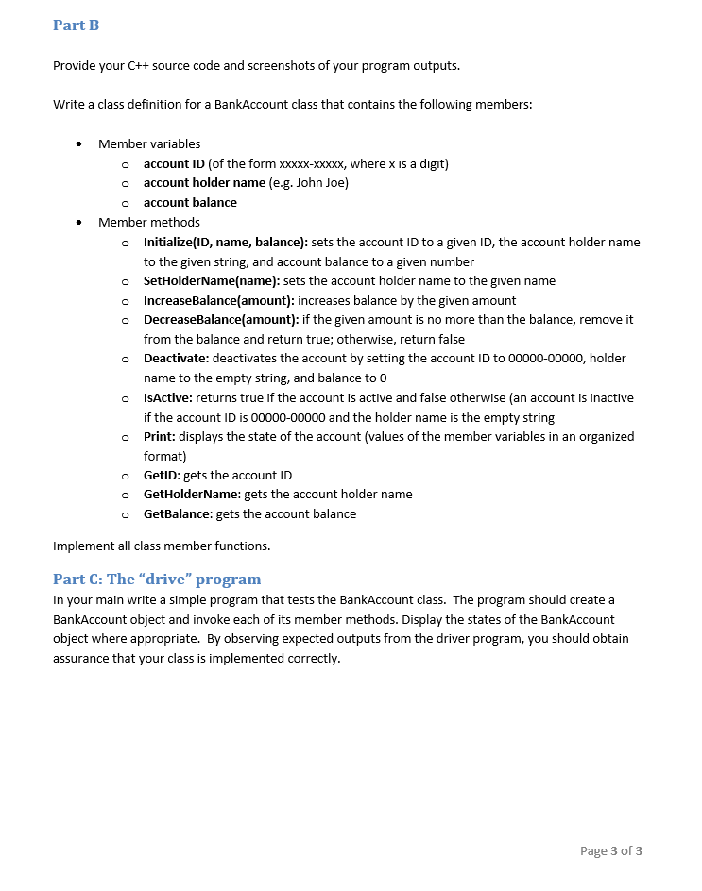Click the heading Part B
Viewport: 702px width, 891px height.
point(76,25)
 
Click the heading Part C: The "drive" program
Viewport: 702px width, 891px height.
point(157,579)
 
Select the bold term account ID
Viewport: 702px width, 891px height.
point(174,164)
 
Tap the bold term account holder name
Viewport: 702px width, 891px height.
point(204,183)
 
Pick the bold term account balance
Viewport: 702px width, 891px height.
point(190,203)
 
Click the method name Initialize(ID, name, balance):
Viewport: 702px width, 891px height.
point(225,243)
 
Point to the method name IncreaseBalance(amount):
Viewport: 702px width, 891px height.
point(218,300)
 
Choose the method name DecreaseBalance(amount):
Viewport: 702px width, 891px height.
point(220,320)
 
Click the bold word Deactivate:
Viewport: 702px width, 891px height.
point(177,359)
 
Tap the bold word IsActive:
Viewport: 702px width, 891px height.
point(168,398)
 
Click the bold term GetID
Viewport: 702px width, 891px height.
point(160,476)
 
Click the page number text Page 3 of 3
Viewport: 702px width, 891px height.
point(610,850)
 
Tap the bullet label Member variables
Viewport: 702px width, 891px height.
point(149,144)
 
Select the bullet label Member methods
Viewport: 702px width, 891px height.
point(149,223)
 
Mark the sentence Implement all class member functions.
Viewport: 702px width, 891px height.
point(162,546)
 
